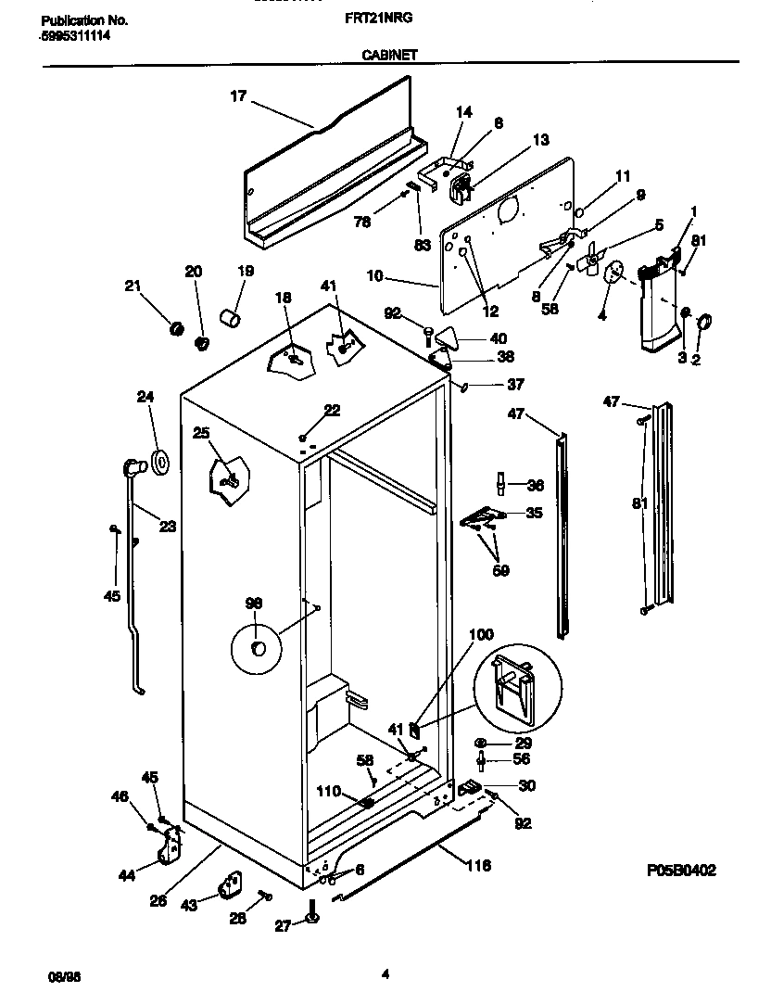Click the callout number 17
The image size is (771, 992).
(x=238, y=95)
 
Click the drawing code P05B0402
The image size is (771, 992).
(x=681, y=871)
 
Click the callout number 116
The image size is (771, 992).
(x=478, y=866)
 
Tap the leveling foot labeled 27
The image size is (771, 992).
(x=312, y=917)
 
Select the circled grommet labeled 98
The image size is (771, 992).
(x=258, y=647)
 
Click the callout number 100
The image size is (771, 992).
(x=481, y=635)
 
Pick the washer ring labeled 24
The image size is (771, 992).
(x=159, y=461)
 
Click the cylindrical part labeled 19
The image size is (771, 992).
(x=229, y=319)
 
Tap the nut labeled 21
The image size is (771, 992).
(x=173, y=327)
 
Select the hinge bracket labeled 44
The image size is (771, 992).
(x=170, y=846)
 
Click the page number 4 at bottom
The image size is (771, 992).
(x=385, y=973)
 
